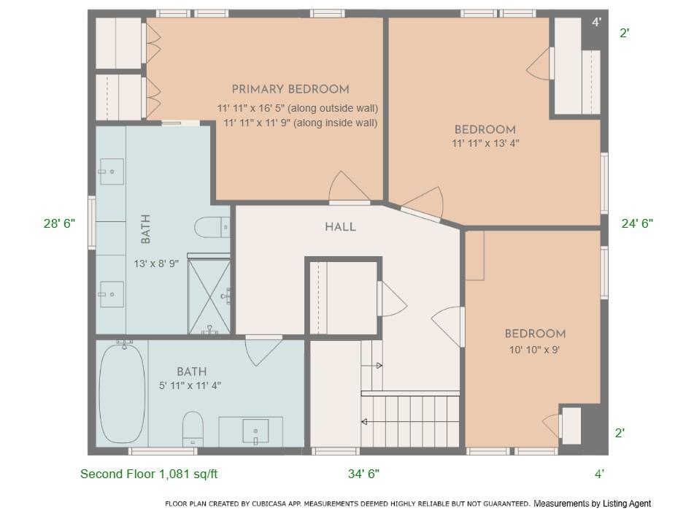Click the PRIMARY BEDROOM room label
click(290, 89)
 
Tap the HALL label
click(340, 227)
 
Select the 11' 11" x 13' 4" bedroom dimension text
click(485, 144)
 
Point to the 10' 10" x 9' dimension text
click(534, 350)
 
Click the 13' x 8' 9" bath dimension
click(155, 264)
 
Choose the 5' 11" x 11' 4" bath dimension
click(190, 385)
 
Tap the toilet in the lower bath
click(193, 428)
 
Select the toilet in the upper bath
click(212, 227)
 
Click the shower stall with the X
click(209, 296)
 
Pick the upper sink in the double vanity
click(111, 172)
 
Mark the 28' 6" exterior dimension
click(59, 223)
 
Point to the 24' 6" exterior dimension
click(636, 223)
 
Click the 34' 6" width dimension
click(363, 474)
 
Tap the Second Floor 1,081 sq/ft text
click(149, 474)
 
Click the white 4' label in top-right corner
click(596, 23)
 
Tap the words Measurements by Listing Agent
click(592, 503)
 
